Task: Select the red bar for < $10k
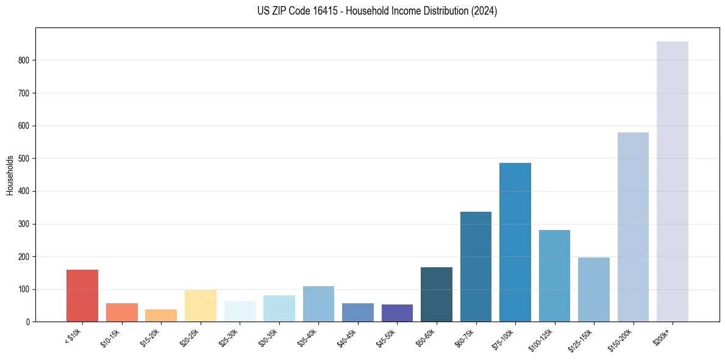point(82,295)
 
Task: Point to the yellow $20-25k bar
point(201,306)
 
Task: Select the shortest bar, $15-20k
point(161,315)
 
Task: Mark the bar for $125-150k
point(594,289)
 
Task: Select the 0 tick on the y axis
point(28,322)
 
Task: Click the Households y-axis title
point(10,175)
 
